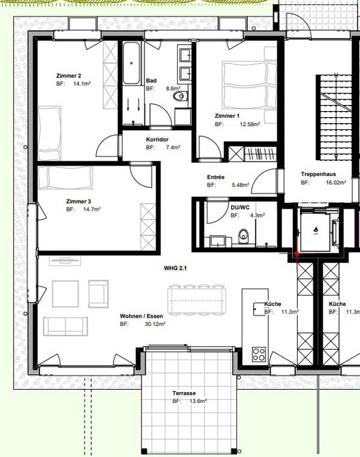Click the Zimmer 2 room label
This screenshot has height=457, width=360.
coord(68,76)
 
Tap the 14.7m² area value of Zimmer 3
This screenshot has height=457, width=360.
coord(92,209)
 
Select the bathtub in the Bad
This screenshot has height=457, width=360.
coord(131,63)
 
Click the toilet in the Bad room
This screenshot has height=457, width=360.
coord(181,96)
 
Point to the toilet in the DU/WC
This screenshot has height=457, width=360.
coord(244,236)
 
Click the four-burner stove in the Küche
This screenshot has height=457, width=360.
coord(259,354)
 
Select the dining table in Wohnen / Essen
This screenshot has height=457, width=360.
coord(197,300)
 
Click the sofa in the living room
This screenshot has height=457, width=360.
coord(65,327)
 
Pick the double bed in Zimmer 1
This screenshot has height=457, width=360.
coord(250,85)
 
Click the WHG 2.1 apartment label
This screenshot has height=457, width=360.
coord(175,268)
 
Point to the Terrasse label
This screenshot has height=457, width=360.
coord(184,393)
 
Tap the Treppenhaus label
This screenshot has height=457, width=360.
coord(319,174)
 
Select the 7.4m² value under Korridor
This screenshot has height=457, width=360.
coord(173,147)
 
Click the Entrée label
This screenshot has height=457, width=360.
coord(215,177)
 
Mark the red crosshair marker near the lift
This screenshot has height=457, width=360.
coord(297,254)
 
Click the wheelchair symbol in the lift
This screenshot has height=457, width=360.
coord(316,230)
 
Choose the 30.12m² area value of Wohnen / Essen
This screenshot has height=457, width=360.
coord(155,324)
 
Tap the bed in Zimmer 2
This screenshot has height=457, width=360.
coord(49,133)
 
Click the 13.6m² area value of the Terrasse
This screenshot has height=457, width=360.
coord(198,401)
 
